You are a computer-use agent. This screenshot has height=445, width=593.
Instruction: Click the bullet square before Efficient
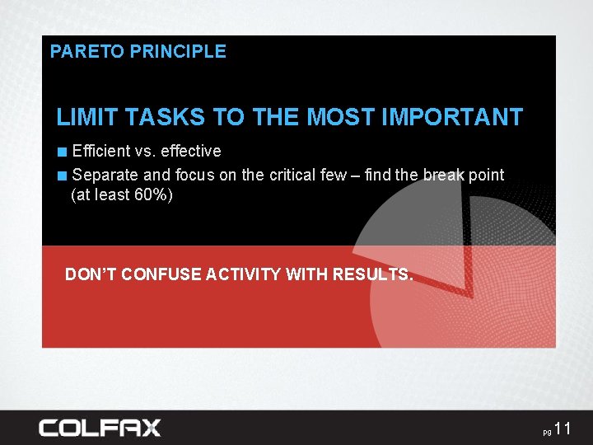(x=63, y=152)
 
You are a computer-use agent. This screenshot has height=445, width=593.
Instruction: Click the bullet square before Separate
(x=63, y=176)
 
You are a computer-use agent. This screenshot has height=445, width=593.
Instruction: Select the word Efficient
(x=101, y=151)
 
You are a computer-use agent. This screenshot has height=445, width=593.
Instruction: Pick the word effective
(x=191, y=151)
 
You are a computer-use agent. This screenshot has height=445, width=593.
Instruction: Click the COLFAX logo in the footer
(x=100, y=428)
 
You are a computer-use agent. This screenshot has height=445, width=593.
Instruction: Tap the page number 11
(x=563, y=428)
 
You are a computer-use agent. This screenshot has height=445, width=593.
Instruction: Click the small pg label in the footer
(x=546, y=432)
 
